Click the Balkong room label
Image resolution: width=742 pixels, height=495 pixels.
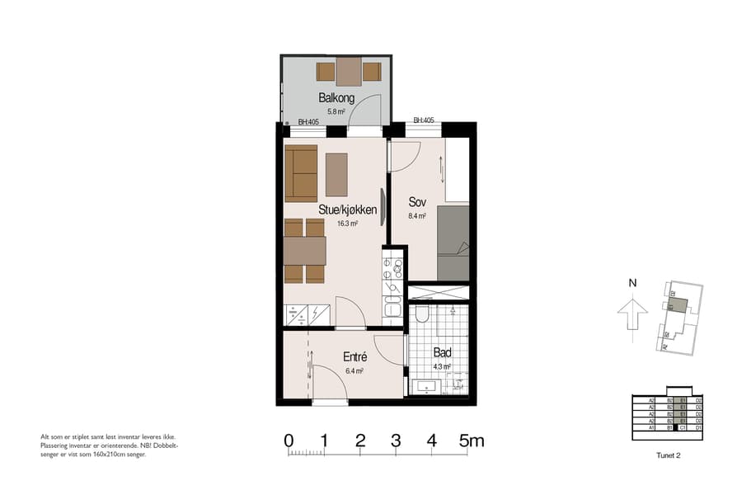coord(336,98)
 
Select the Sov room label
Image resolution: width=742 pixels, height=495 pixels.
coord(416,202)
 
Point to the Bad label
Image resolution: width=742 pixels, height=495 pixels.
coord(442,352)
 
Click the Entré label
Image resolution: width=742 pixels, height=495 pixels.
coord(355,357)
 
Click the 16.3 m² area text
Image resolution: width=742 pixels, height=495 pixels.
coord(347,223)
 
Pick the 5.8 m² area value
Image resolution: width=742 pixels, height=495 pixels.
coord(336,111)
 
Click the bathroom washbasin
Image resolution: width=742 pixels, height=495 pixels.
coord(427,384)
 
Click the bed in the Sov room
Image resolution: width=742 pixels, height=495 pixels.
coord(452,243)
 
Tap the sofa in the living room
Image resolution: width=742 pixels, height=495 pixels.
coord(301,172)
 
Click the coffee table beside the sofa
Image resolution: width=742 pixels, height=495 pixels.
coord(336,173)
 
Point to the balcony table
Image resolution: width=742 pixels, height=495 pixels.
coord(349,72)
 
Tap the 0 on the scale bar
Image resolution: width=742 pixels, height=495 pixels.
coord(289,441)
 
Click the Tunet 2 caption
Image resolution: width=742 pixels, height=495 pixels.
coord(667,455)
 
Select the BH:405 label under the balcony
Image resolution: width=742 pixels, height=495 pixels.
coord(308,122)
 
